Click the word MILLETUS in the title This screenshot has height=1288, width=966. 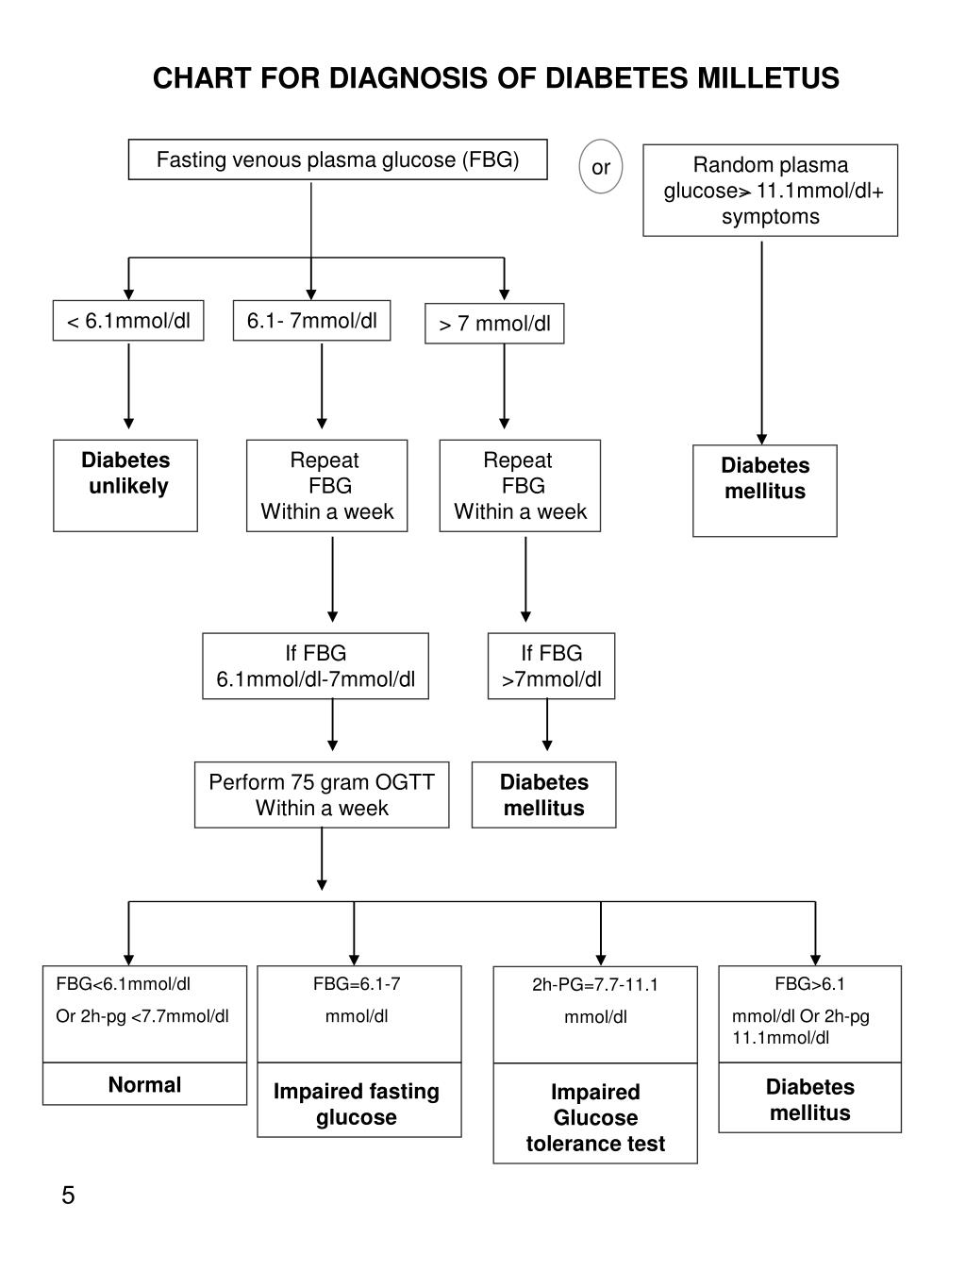pos(768,78)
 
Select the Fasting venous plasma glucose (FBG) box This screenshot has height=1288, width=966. pos(338,160)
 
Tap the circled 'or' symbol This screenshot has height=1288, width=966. pos(601,168)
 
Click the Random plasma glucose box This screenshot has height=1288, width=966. pos(770,191)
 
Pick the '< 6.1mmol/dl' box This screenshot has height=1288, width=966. pos(128,322)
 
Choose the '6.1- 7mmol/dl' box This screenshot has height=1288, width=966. pos(312,322)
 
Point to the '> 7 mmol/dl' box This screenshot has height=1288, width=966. pos(494,325)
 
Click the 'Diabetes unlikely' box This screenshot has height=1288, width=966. pos(125,484)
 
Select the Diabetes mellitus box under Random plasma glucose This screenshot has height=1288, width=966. pos(765,490)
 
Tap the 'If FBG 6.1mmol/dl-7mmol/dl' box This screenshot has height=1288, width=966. pos(315,666)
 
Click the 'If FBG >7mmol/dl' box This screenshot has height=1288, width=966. pos(551,666)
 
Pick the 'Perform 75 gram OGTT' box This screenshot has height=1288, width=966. pos(322,795)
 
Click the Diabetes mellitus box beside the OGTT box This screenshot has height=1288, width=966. pos(543,795)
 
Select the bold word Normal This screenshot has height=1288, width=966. pos(144,1085)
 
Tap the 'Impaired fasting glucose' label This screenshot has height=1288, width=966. pos(357,1104)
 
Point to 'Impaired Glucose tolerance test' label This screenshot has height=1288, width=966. pos(595,1117)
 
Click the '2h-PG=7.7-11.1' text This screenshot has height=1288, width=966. pos(595,985)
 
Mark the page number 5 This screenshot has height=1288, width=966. pos(68,1196)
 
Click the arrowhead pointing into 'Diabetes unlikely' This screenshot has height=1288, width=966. pos(129,423)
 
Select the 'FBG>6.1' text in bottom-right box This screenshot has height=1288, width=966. pos(809,984)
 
